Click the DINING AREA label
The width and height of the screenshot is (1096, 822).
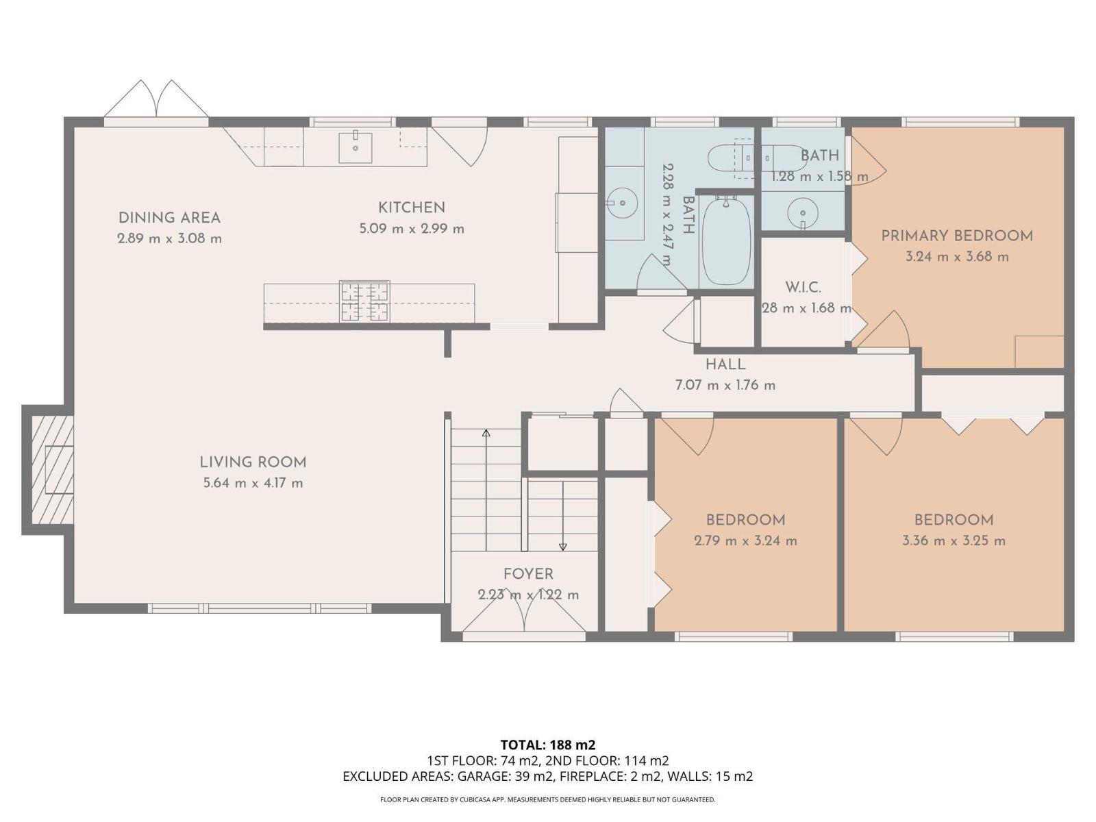[169, 218]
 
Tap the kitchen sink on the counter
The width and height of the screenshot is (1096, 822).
[356, 147]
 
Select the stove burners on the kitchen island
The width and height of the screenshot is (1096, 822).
[365, 301]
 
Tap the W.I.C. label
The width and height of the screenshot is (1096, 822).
[803, 287]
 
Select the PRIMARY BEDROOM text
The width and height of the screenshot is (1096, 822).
[957, 236]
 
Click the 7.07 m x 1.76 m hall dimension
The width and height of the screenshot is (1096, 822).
[725, 385]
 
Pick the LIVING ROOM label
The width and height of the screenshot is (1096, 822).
[253, 462]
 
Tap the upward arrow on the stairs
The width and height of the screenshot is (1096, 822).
[486, 434]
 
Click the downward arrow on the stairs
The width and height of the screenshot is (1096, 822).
[563, 546]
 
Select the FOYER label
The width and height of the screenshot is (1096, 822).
[528, 574]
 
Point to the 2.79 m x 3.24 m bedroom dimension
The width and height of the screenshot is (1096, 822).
[745, 540]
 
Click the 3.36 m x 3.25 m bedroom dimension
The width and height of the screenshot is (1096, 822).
[954, 540]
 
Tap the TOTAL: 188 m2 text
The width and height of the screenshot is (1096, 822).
[547, 745]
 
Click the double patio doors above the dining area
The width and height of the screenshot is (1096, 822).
[157, 101]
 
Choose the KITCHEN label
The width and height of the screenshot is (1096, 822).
[412, 208]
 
